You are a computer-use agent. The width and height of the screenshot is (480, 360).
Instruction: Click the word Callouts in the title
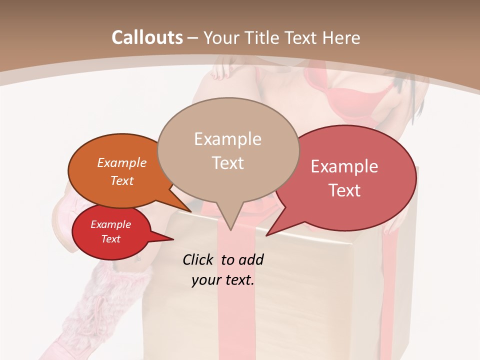[147, 37]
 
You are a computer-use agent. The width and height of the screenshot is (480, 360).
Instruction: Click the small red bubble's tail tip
[173, 239]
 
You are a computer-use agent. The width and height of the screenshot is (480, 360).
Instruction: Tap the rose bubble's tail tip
[266, 235]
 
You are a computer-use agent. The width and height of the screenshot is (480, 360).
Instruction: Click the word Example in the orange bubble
[122, 162]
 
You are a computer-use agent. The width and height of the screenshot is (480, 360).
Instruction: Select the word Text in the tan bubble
[228, 163]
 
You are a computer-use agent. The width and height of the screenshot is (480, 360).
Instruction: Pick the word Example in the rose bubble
[344, 166]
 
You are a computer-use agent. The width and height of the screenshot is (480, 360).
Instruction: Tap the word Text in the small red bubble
[111, 239]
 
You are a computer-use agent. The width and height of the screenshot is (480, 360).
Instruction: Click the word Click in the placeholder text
[197, 259]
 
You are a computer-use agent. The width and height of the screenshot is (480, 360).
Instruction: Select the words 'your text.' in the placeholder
[223, 280]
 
